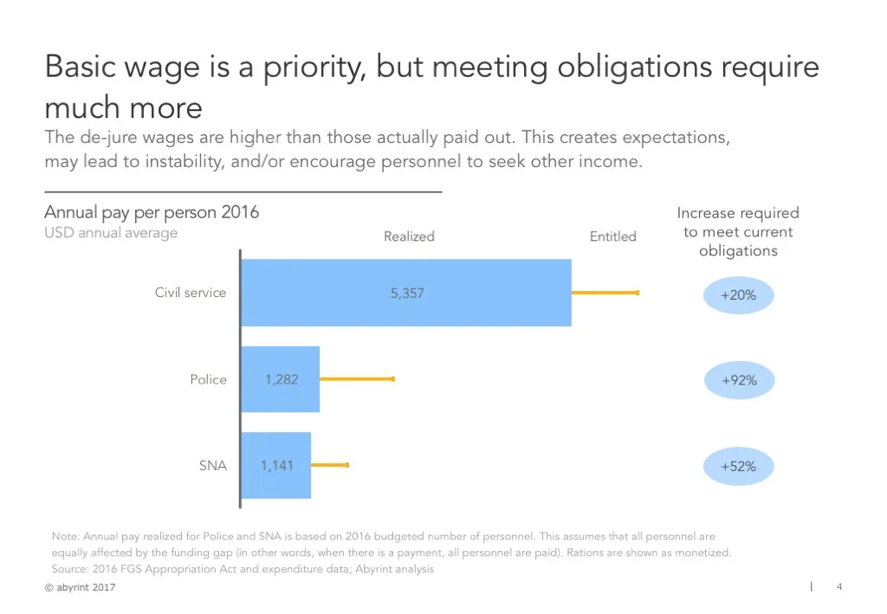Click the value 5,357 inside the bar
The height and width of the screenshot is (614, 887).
(x=407, y=294)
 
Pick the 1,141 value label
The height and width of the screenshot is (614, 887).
(x=277, y=466)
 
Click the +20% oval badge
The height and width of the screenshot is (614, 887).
(x=738, y=295)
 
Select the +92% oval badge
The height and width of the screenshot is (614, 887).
(x=738, y=380)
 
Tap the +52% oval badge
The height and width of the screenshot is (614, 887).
(x=738, y=467)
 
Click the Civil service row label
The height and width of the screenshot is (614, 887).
(x=191, y=293)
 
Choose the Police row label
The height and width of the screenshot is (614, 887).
(x=208, y=379)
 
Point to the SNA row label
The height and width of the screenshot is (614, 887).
(x=212, y=466)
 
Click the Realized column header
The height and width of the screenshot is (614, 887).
(x=409, y=236)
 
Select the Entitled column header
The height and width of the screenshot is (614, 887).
(x=612, y=236)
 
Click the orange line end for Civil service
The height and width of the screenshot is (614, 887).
(x=638, y=293)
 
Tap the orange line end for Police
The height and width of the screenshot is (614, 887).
(x=392, y=379)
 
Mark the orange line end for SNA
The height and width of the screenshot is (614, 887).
(x=346, y=466)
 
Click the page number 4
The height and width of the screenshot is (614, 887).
(x=838, y=587)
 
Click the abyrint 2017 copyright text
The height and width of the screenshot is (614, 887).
(x=80, y=588)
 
